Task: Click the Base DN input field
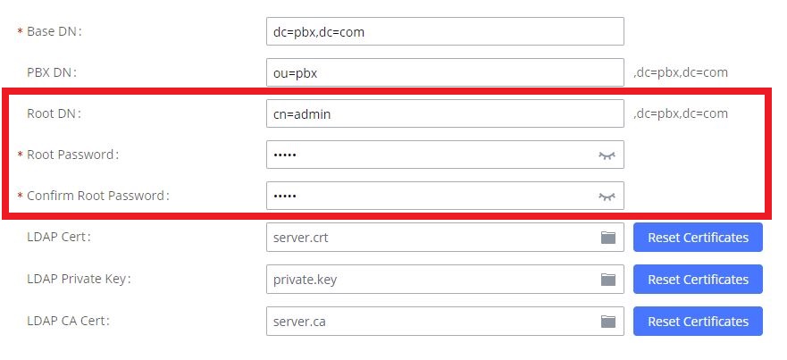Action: point(444,32)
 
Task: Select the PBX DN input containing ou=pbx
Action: point(444,73)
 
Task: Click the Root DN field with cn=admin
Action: point(444,113)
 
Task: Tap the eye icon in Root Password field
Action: point(607,155)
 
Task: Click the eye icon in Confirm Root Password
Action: point(607,196)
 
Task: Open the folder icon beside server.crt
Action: point(608,238)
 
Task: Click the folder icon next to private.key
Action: point(608,280)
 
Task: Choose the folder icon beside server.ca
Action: point(608,321)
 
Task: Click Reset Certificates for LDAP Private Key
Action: point(698,280)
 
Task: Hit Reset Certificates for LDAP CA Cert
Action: point(698,321)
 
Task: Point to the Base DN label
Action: point(55,31)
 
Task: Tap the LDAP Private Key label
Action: point(79,279)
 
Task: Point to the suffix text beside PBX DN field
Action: point(680,73)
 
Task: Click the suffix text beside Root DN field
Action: point(680,113)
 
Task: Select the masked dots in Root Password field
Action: point(285,155)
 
